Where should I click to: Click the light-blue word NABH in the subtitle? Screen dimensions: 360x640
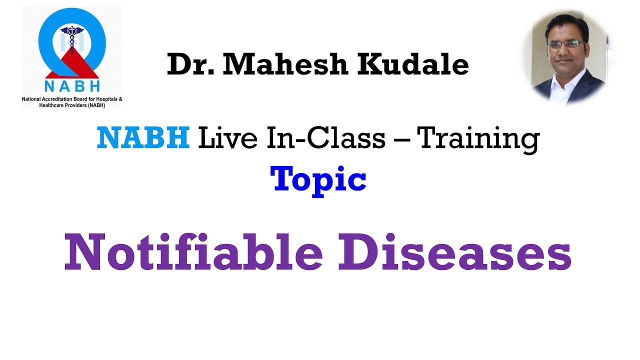pos(143,138)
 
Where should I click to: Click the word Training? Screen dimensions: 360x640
pos(478,139)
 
